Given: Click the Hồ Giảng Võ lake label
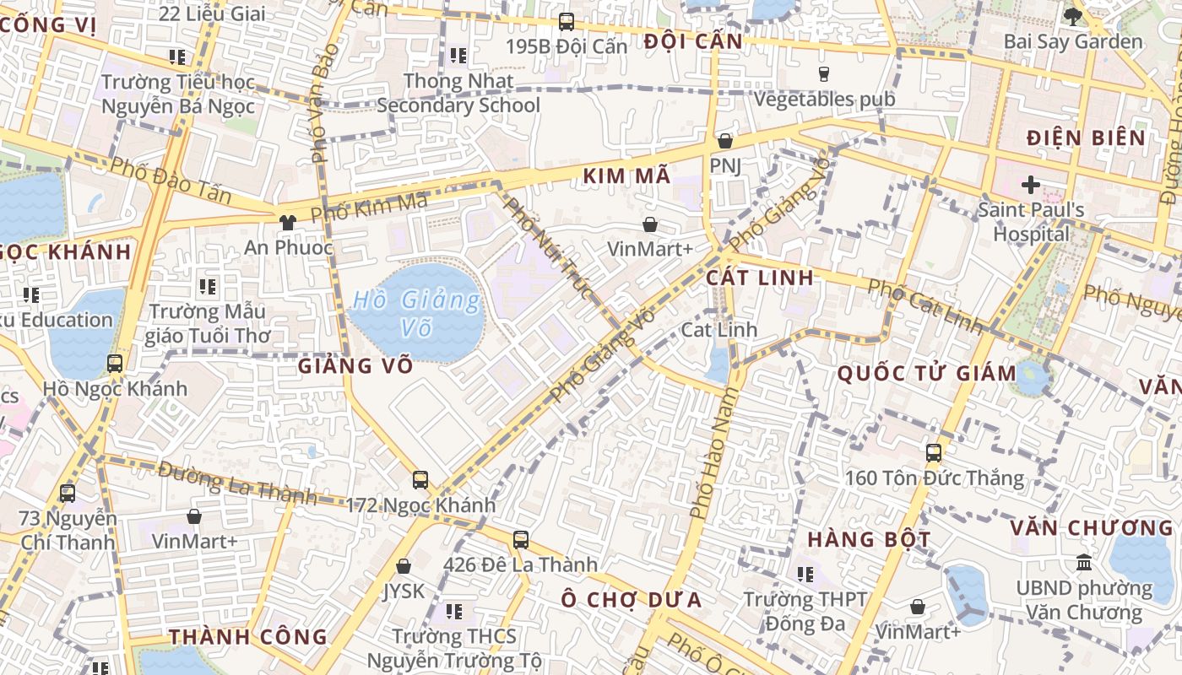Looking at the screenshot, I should pyautogui.click(x=416, y=312).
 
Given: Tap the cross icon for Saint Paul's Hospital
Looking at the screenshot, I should pyautogui.click(x=1030, y=184).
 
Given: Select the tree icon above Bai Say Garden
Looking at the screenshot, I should pyautogui.click(x=1073, y=16).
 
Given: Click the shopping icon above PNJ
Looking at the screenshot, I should pyautogui.click(x=724, y=141).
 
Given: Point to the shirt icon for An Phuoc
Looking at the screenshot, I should pyautogui.click(x=288, y=223).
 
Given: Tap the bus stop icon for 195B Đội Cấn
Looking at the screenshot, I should pyautogui.click(x=567, y=22).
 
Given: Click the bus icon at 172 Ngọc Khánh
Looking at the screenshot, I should pyautogui.click(x=420, y=480).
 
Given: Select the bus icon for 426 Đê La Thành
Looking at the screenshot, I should pyautogui.click(x=521, y=539).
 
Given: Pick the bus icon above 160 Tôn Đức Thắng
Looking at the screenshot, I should pyautogui.click(x=934, y=452).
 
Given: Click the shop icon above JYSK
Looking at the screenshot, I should pyautogui.click(x=404, y=566).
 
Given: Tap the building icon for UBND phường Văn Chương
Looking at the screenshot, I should pyautogui.click(x=1084, y=562).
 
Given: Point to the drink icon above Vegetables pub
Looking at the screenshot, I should pyautogui.click(x=824, y=74).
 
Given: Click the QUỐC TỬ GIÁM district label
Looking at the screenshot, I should pyautogui.click(x=926, y=374).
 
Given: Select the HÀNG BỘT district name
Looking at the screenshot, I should pyautogui.click(x=869, y=539).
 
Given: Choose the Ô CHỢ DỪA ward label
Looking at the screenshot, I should pyautogui.click(x=631, y=600).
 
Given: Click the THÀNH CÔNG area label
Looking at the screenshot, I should pyautogui.click(x=247, y=637).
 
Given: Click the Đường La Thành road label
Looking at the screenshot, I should pyautogui.click(x=236, y=483).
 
